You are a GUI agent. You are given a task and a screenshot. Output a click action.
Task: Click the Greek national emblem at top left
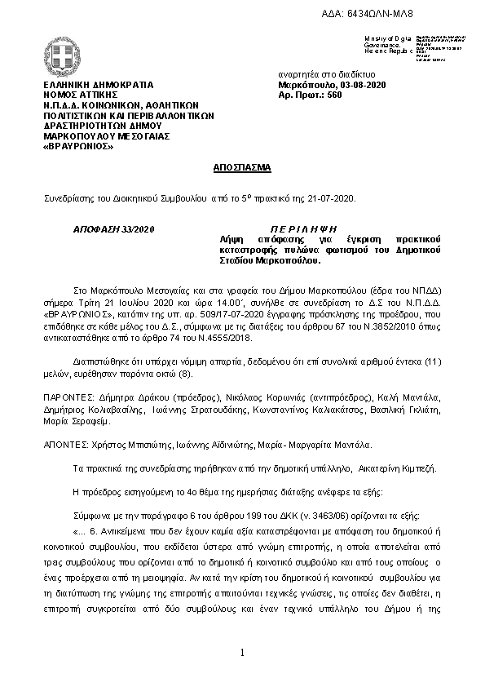(61, 56)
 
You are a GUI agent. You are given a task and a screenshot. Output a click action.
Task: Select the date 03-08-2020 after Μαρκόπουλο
(361, 85)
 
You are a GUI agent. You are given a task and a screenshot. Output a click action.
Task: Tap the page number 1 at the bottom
(243, 654)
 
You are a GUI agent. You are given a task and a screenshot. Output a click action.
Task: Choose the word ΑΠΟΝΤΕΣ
(64, 445)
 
